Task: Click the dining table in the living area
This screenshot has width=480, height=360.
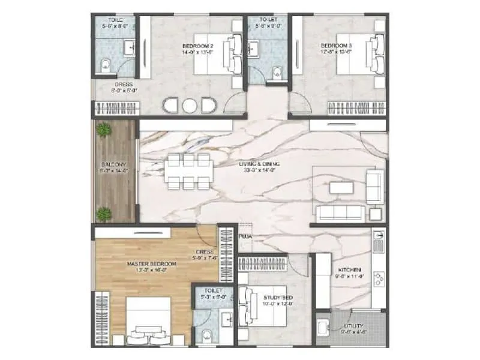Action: tap(188, 172)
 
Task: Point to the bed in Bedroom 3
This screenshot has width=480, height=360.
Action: tap(359, 54)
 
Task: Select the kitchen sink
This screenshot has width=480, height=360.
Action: tap(377, 243)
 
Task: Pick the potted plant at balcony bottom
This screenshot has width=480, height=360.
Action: tap(105, 212)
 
